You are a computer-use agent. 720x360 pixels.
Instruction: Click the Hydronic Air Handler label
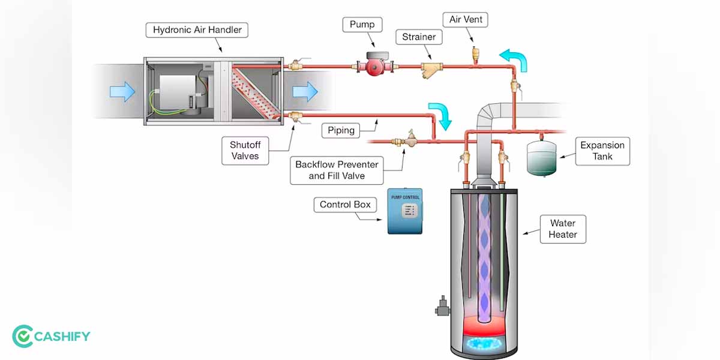(197, 29)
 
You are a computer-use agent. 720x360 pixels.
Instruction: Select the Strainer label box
(419, 37)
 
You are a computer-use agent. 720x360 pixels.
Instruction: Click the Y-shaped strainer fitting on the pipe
(431, 69)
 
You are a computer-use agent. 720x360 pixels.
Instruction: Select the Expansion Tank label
(602, 151)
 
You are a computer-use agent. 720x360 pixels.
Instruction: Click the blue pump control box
(404, 214)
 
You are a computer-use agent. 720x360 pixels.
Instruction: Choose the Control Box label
(345, 205)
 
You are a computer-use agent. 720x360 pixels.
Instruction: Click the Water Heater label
(562, 229)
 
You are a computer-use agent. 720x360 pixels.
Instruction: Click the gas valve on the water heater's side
(443, 305)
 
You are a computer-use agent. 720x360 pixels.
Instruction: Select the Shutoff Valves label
(244, 151)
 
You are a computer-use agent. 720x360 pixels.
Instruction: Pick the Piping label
(341, 130)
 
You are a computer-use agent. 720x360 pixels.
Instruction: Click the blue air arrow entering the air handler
(122, 92)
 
